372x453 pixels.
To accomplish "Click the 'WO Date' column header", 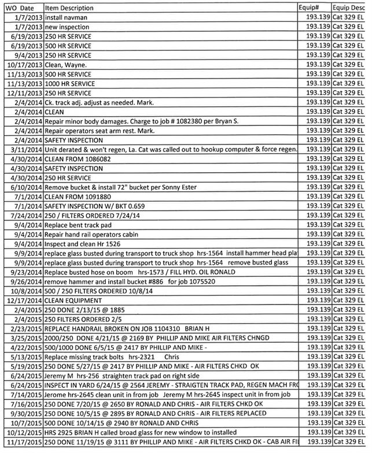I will point(21,8).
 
